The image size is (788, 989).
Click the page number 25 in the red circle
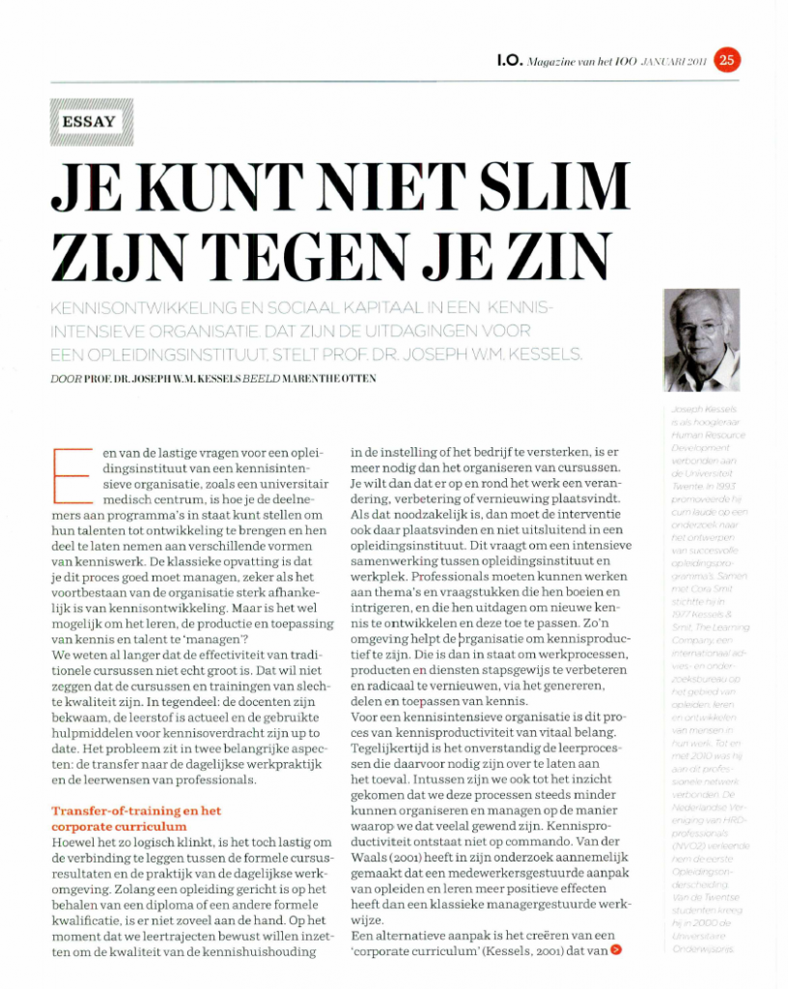(727, 61)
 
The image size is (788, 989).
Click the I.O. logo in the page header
(509, 61)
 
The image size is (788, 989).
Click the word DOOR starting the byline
(66, 380)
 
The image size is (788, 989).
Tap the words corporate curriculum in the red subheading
(120, 827)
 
